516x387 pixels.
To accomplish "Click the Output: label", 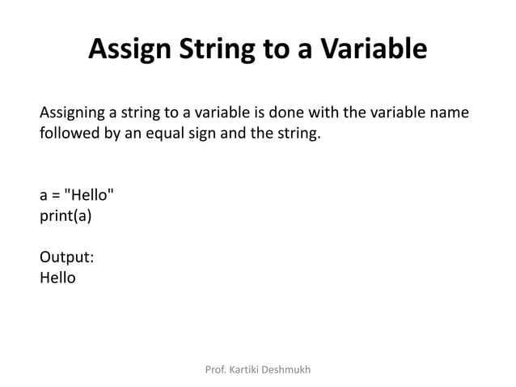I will (x=66, y=257).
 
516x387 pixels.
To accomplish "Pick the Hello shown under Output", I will (x=57, y=278).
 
